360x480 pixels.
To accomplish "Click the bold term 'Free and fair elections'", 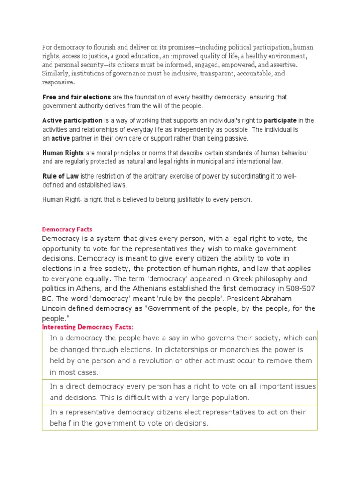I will coord(76,97).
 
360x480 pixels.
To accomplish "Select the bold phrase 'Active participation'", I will coord(72,120).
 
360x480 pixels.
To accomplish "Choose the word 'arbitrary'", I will coord(167,176).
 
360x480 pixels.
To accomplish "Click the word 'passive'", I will coord(237,139).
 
